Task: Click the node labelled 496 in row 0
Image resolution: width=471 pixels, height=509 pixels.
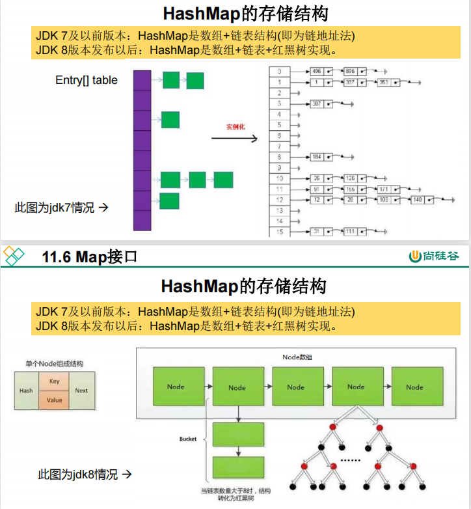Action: [317, 71]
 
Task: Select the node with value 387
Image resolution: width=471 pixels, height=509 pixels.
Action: [317, 103]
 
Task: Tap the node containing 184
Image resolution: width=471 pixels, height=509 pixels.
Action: [317, 157]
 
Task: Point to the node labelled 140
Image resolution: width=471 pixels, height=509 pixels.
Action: [417, 199]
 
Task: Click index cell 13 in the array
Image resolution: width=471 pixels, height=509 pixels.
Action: [279, 210]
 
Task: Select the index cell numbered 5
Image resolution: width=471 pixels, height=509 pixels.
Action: [279, 125]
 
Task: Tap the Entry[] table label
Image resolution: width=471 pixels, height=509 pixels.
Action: [87, 80]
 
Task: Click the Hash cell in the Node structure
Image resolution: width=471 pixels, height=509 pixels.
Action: [26, 391]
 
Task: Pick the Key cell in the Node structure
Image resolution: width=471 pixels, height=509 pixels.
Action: [55, 381]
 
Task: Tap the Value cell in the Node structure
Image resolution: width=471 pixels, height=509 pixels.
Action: [55, 400]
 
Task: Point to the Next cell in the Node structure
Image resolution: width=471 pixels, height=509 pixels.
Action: [81, 391]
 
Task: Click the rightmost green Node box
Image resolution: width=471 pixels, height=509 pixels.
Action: [414, 387]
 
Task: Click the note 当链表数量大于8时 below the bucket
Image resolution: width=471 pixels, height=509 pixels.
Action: [236, 491]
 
